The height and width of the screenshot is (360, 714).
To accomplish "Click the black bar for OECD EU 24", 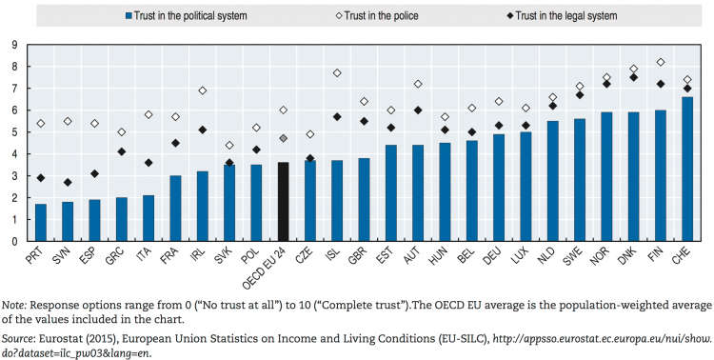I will click(x=283, y=201).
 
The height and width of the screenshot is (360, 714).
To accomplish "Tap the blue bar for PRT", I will click(x=40, y=222).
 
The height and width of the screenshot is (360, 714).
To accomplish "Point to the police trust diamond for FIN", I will click(x=661, y=62).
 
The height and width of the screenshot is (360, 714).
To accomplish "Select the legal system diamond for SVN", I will click(x=67, y=182).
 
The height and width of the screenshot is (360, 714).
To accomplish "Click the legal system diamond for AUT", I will click(x=418, y=110).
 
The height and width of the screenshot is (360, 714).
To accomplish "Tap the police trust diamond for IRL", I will click(x=202, y=90).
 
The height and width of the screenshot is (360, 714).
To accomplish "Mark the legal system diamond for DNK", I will click(x=634, y=77).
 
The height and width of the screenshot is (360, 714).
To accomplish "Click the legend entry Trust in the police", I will click(x=352, y=16).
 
